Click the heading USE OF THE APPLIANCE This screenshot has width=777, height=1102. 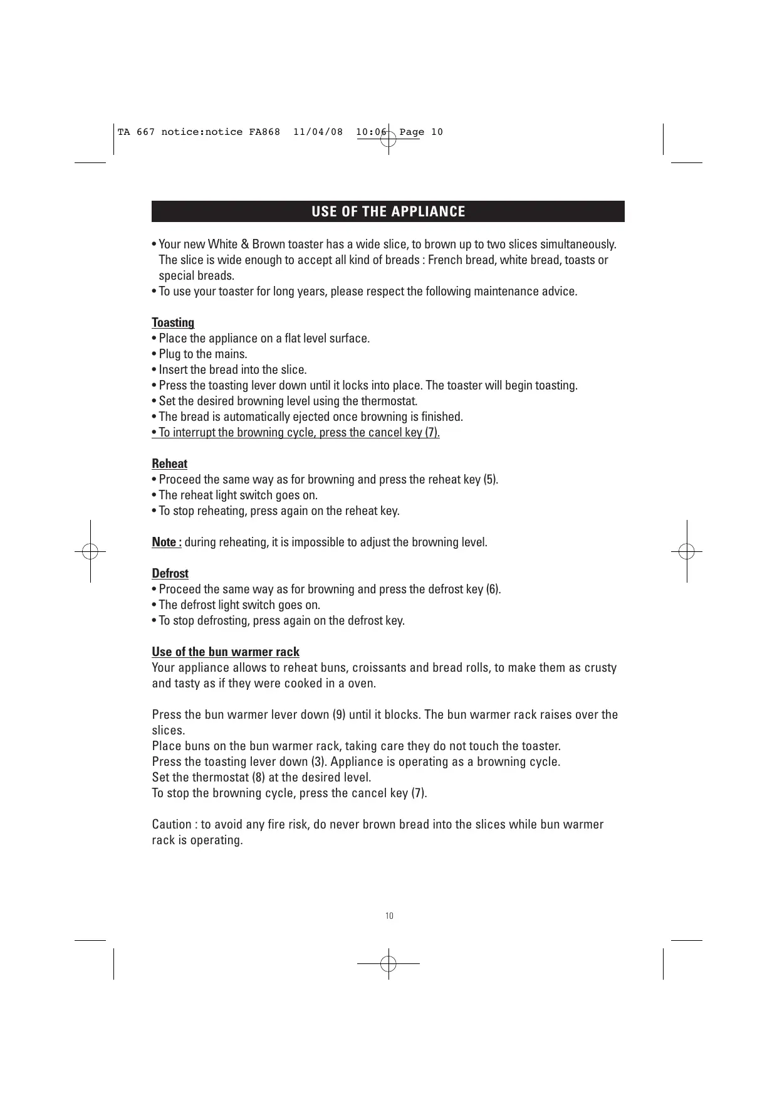click(388, 211)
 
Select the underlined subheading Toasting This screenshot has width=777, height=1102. click(173, 322)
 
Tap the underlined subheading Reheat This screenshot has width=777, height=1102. click(169, 464)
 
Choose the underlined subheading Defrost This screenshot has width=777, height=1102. click(170, 573)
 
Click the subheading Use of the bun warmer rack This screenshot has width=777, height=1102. click(226, 652)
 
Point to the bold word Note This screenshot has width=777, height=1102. click(165, 542)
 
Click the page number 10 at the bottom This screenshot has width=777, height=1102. click(389, 916)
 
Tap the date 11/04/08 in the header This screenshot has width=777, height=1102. click(318, 132)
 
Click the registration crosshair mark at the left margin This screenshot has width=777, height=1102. click(90, 551)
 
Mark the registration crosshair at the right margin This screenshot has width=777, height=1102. click(687, 551)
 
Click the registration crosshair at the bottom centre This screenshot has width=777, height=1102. click(388, 963)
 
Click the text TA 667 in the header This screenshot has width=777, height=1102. click(136, 132)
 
